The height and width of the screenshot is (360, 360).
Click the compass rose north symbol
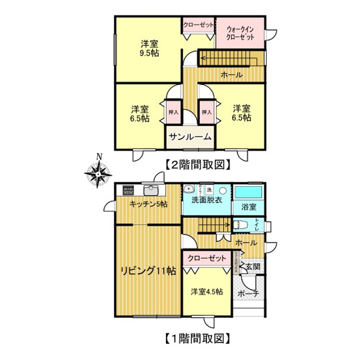(99, 172)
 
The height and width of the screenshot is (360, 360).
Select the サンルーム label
(190, 137)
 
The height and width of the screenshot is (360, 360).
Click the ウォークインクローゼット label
(240, 32)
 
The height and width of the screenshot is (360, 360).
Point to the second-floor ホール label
(232, 75)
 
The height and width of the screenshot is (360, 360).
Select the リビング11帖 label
(147, 271)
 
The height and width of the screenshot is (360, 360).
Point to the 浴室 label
(248, 208)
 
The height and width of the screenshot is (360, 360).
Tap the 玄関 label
(253, 267)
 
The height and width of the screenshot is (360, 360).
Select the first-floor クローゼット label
(207, 258)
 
